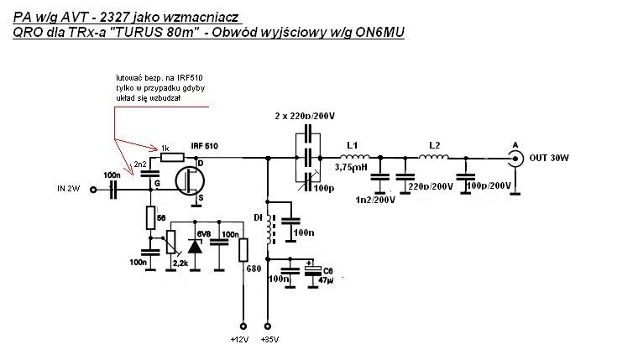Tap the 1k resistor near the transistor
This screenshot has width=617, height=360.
173,156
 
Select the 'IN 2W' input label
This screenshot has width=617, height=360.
67,189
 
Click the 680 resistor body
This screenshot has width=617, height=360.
243,250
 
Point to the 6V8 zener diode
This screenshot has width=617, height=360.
196,245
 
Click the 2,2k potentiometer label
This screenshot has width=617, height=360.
178,263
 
